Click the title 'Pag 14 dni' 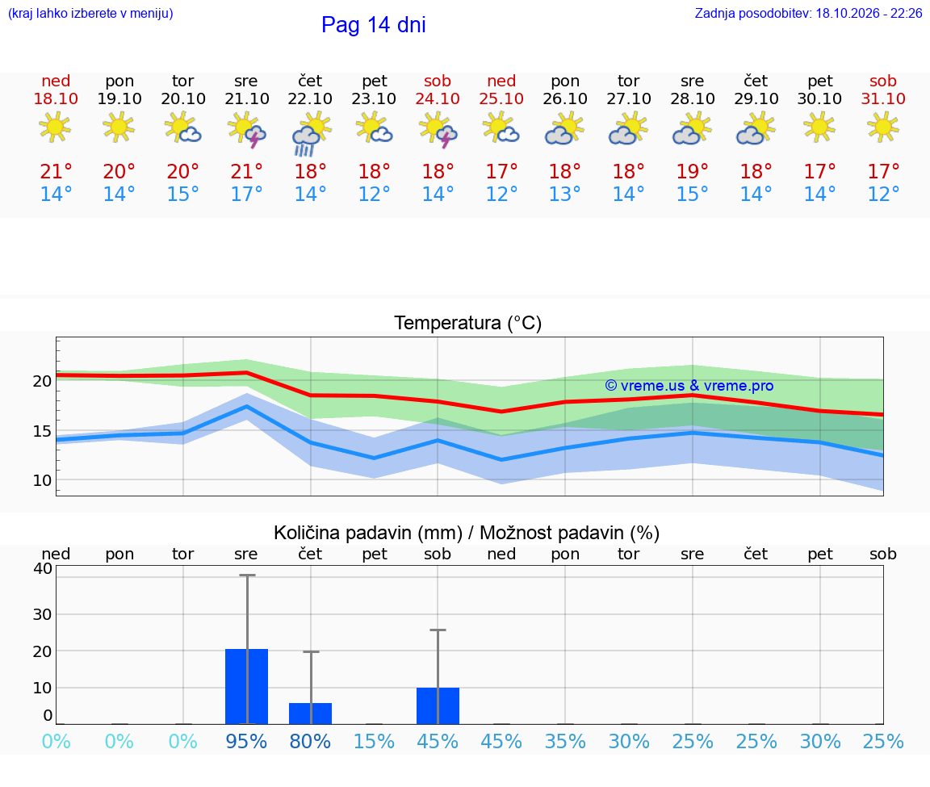(374, 25)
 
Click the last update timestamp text (808, 13)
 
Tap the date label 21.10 (247, 98)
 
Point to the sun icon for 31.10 (883, 128)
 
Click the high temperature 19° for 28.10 (692, 171)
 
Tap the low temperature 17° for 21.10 (247, 194)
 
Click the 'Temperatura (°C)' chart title (468, 323)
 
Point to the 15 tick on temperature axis (42, 431)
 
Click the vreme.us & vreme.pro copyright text (689, 386)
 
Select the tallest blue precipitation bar (247, 686)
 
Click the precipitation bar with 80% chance (310, 714)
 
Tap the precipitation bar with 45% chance (438, 705)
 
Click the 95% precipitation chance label (247, 741)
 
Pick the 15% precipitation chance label (375, 741)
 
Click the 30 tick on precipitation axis (42, 614)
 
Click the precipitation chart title (467, 533)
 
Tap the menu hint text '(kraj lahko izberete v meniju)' (90, 13)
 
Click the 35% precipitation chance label (565, 741)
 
